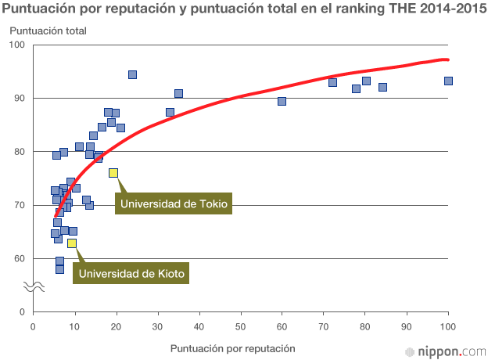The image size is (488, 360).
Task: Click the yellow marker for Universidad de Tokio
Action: [113, 173]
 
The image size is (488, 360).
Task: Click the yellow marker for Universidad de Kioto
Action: [72, 243]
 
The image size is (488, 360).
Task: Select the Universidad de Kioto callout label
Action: [133, 273]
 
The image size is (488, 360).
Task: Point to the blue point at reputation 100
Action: [448, 81]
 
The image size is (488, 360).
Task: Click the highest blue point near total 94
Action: [132, 75]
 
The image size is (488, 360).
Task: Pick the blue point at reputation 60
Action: [282, 101]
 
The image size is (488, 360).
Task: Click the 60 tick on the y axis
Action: [20, 259]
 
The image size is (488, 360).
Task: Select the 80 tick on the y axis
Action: [20, 152]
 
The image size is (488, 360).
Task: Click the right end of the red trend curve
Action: [447, 59]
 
